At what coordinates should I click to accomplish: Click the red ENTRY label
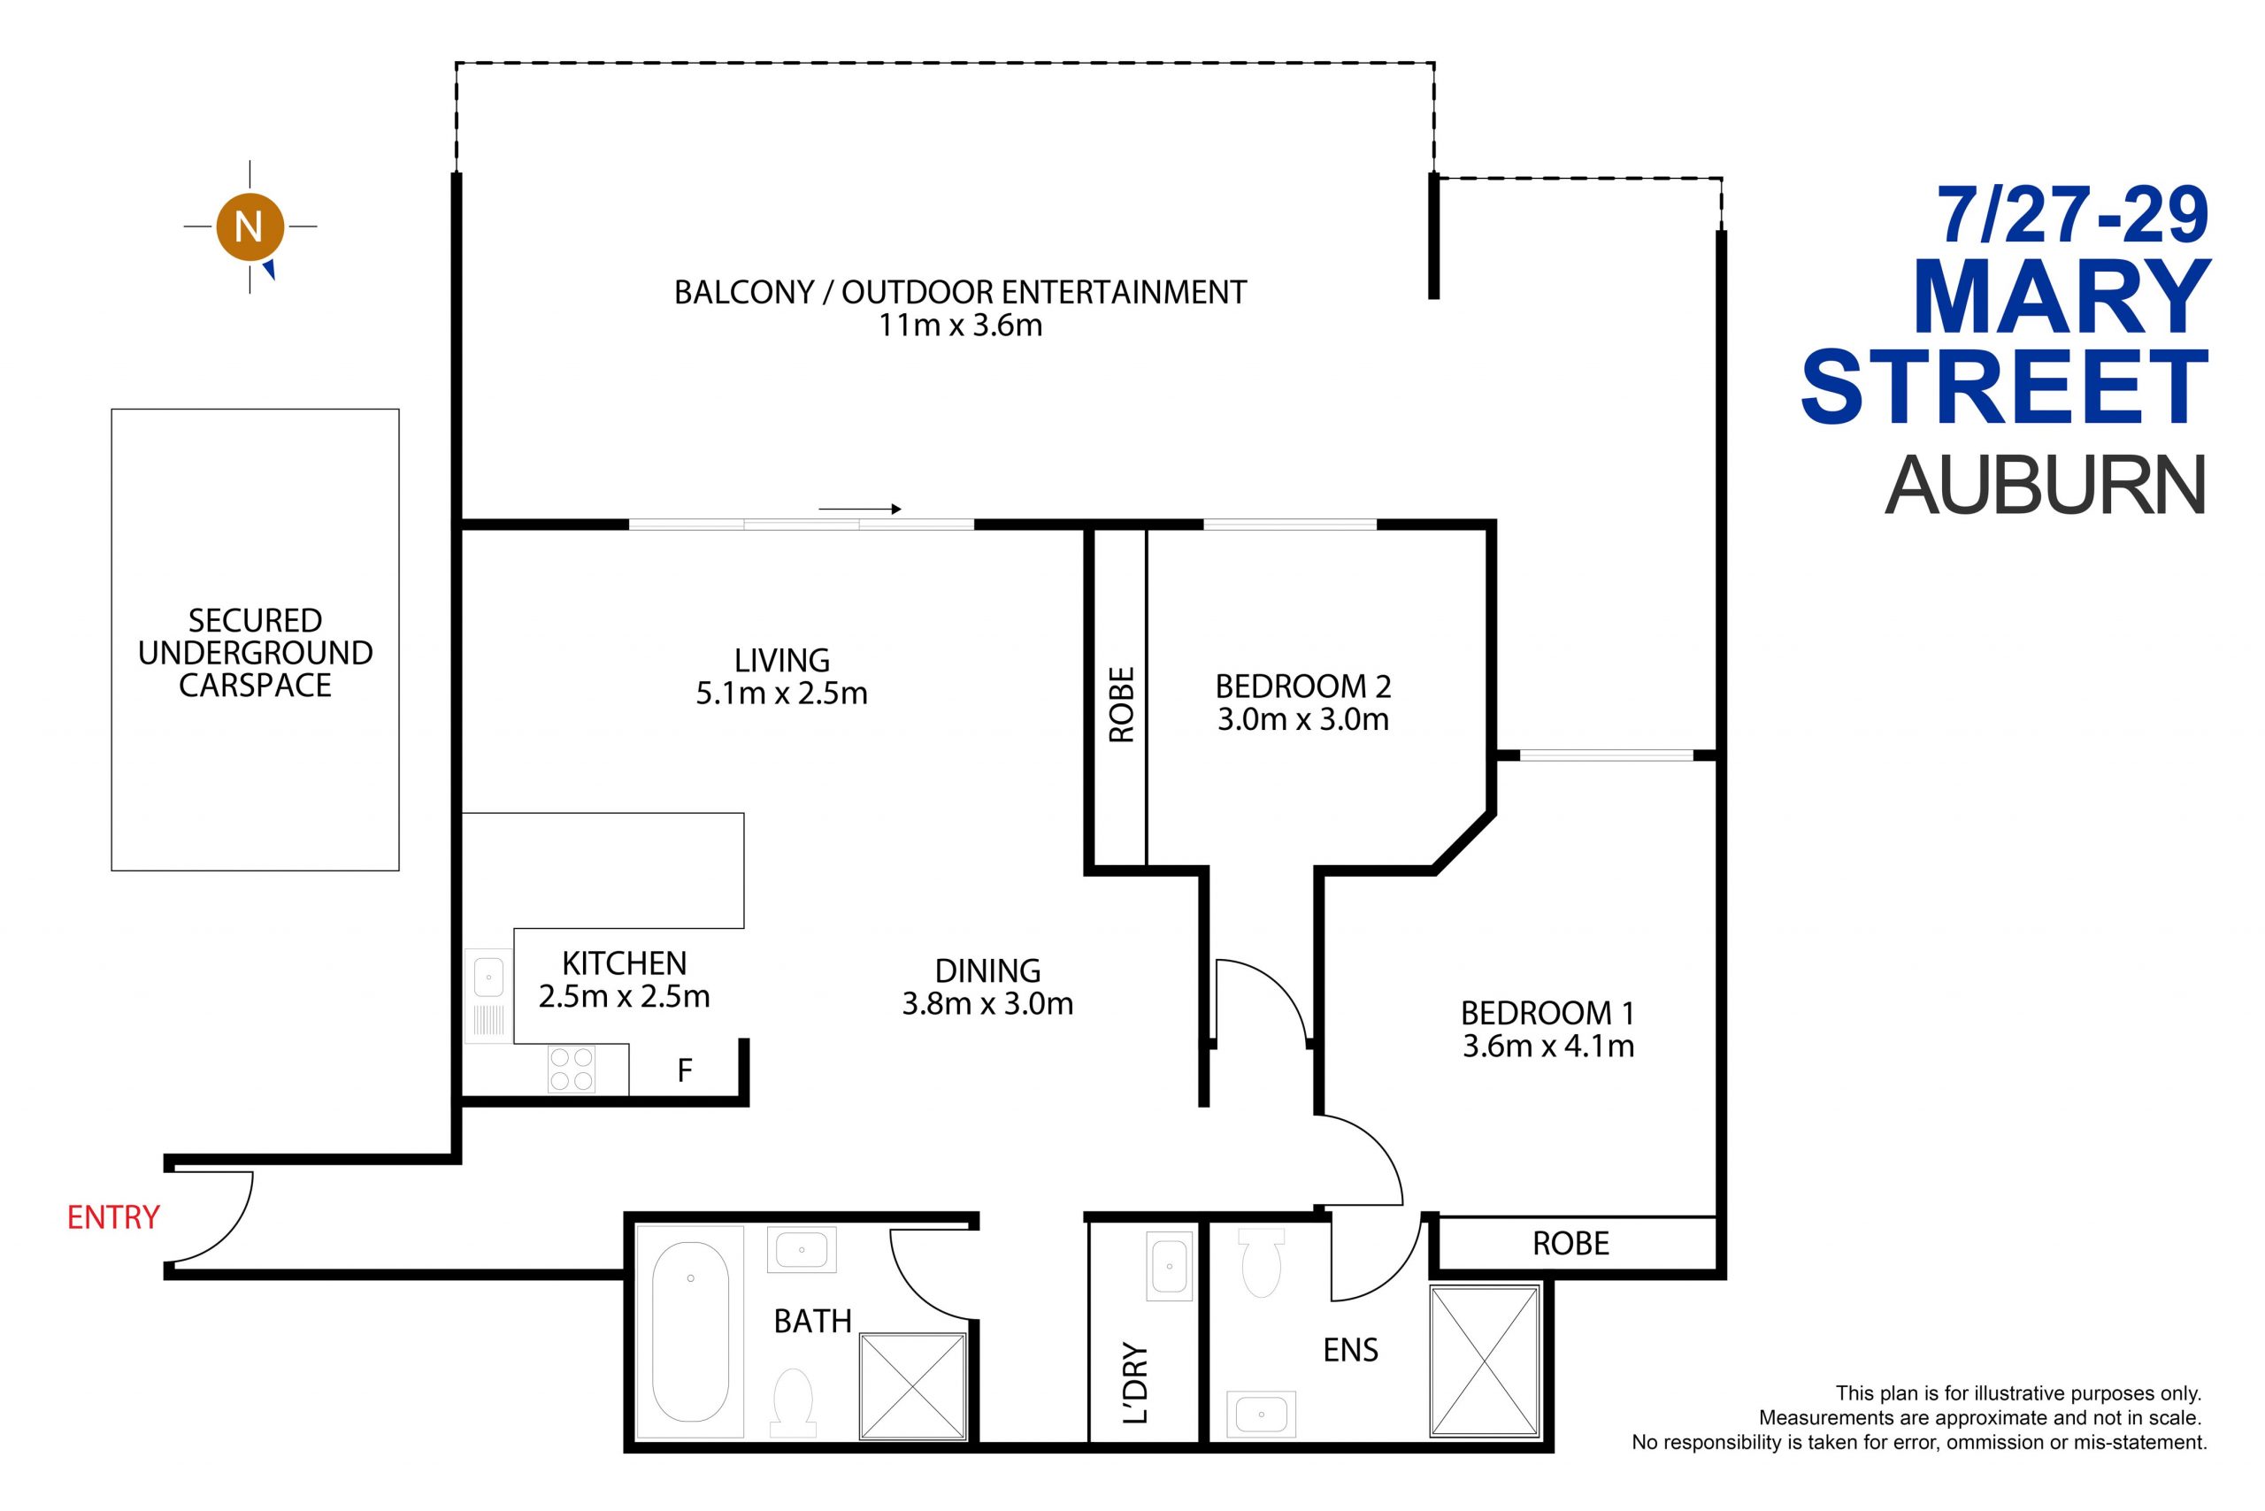click(x=112, y=1217)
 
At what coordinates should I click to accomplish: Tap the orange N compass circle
click(x=250, y=227)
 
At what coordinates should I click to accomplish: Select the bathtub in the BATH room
click(x=690, y=1332)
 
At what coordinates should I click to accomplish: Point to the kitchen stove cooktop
click(x=571, y=1070)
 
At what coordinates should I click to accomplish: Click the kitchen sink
click(x=488, y=996)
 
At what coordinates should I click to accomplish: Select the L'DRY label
click(x=1137, y=1383)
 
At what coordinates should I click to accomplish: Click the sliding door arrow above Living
click(x=860, y=509)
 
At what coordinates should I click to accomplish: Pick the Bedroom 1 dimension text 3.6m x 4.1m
click(x=1548, y=1047)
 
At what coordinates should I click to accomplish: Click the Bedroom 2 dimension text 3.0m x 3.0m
click(x=1303, y=720)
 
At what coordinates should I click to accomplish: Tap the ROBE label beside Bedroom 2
click(x=1121, y=704)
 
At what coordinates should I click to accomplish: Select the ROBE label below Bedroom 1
click(x=1571, y=1244)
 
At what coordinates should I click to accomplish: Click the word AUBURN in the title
click(x=2045, y=486)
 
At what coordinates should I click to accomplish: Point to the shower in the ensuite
click(x=1486, y=1361)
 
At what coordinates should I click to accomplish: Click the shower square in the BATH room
click(x=913, y=1386)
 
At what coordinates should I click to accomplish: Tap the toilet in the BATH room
click(x=795, y=1401)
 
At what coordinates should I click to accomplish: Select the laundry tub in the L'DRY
click(x=1169, y=1265)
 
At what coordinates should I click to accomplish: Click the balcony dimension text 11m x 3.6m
click(x=960, y=326)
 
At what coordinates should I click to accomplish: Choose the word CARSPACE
click(x=256, y=685)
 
